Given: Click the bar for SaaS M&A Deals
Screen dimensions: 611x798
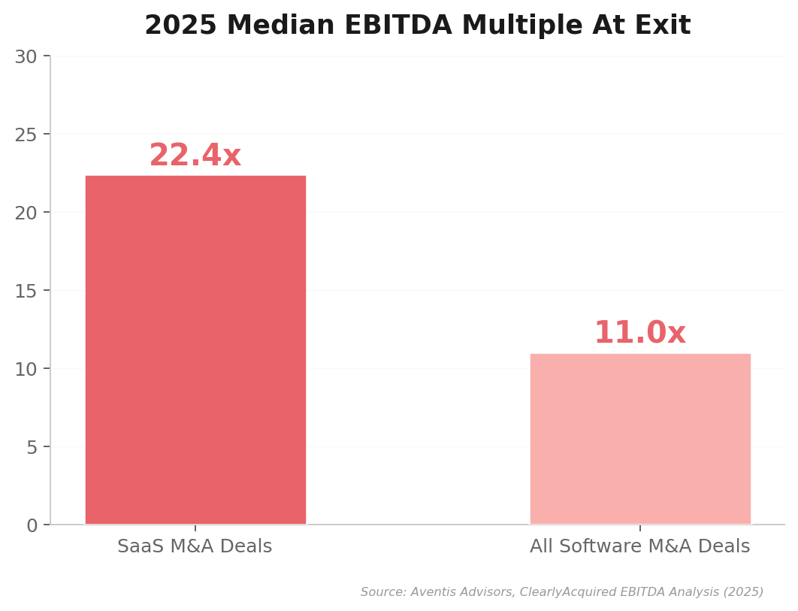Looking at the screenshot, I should click(195, 349).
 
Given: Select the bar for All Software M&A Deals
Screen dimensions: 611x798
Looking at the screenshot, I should click(640, 439).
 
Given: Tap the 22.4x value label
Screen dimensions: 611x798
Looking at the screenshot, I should click(195, 156).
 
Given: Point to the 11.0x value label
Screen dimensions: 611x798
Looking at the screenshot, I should click(640, 334).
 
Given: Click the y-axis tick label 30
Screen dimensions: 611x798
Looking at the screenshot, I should click(26, 57).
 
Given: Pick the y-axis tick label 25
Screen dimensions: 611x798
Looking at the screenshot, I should click(26, 135).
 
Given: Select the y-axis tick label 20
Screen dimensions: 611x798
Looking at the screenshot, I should click(26, 213).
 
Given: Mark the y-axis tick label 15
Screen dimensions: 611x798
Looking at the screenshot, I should click(26, 292).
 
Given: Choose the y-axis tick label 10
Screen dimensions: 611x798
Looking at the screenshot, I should click(26, 370).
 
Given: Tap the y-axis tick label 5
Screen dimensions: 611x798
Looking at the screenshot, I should click(32, 448).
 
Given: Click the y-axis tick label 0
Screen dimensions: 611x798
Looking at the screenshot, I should click(32, 526).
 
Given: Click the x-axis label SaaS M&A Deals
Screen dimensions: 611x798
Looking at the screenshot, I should click(195, 547).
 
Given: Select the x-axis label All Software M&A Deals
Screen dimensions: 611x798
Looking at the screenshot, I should click(640, 547).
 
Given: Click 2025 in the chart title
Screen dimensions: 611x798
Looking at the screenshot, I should click(180, 26).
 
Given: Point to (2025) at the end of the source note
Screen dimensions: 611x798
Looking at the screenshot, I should click(745, 592).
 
